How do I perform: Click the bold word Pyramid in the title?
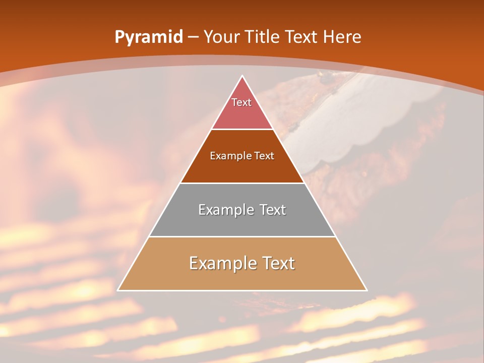pos(148,37)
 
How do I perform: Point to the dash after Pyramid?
pos(193,37)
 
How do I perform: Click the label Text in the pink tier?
pos(241,102)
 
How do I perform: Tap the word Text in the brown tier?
pos(264,156)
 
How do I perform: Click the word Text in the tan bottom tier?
pos(277,263)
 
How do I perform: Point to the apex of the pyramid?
pos(242,76)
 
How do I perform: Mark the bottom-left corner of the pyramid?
pos(118,290)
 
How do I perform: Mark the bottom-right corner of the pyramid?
pos(367,290)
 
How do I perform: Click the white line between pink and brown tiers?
pos(242,130)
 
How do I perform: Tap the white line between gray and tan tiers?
pos(242,237)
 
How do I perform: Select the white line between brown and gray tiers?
pos(242,183)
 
